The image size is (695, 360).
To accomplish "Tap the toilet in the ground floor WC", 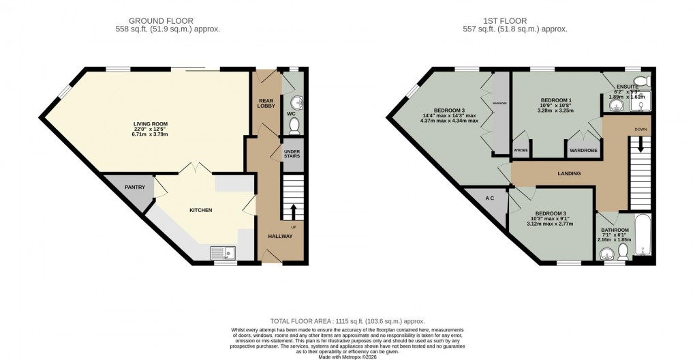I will click(x=294, y=126).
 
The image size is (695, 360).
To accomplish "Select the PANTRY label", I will click(x=135, y=187).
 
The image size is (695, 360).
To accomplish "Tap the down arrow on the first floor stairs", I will click(x=640, y=145).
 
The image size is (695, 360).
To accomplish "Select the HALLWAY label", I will click(x=279, y=237).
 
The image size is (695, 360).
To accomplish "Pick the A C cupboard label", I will click(x=489, y=198).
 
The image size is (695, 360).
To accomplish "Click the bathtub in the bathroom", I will click(x=643, y=239).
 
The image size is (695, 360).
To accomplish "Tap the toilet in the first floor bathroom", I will click(x=623, y=253).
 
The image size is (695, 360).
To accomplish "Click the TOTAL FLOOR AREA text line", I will click(x=347, y=321).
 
